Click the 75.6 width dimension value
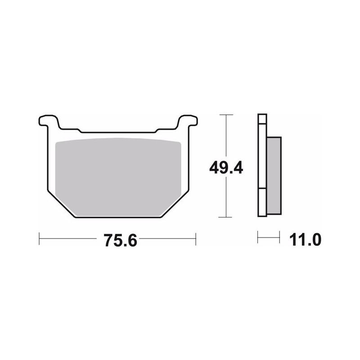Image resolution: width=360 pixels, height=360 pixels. [x=120, y=240]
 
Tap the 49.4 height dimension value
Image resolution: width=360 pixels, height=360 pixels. [x=226, y=167]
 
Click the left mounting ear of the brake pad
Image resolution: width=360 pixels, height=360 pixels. [x=49, y=121]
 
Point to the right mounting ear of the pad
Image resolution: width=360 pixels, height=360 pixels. [x=188, y=121]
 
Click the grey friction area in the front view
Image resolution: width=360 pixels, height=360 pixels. [x=118, y=177]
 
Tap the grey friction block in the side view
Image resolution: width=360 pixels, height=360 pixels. [x=274, y=175]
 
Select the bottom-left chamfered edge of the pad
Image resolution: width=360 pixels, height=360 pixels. [x=62, y=204]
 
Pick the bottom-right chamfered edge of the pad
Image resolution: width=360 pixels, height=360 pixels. [x=175, y=204]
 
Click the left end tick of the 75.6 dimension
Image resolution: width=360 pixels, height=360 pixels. [x=39, y=239]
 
